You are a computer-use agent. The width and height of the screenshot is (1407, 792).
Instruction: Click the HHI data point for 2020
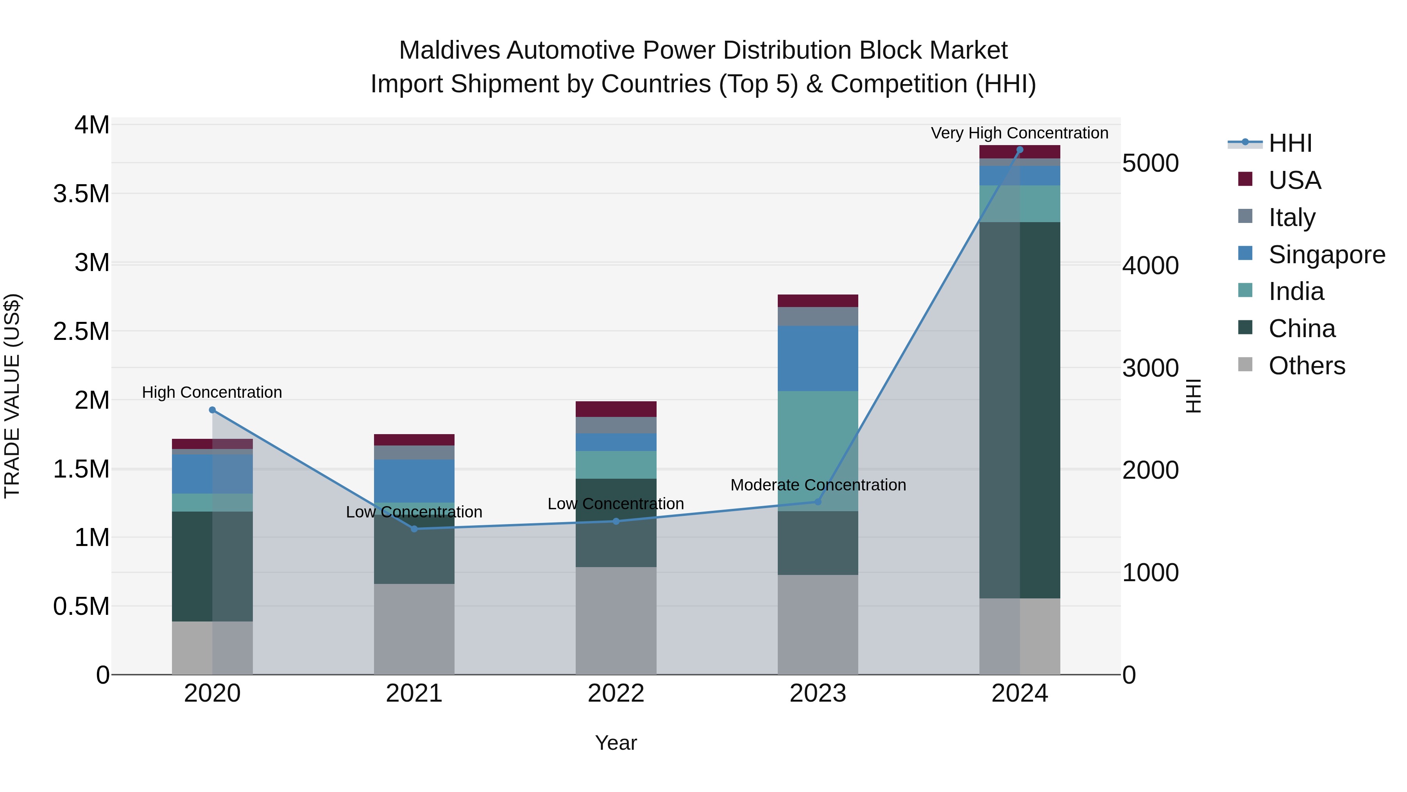coord(213,410)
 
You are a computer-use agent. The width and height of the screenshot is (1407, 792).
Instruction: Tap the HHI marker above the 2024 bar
coord(1020,150)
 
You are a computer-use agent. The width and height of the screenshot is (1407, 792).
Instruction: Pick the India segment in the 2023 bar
coord(818,451)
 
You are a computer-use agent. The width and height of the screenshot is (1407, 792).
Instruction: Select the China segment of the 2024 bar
coord(1020,410)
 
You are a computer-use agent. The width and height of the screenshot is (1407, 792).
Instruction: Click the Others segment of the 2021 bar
coord(414,629)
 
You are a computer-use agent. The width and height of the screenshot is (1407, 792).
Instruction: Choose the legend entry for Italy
coord(1291,217)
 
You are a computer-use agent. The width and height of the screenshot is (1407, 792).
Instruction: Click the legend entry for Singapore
coord(1326,254)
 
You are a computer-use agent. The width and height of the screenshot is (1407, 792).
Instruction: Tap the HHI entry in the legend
coord(1290,143)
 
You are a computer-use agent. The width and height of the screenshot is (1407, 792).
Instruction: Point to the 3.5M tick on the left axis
coord(81,194)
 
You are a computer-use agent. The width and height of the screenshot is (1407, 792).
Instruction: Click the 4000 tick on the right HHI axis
coord(1150,266)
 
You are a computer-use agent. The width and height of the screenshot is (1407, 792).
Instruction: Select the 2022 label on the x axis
coord(616,693)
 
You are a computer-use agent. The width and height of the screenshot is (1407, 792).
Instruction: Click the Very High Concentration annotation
coord(1019,133)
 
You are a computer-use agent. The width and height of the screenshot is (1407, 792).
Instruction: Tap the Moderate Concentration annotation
coord(818,485)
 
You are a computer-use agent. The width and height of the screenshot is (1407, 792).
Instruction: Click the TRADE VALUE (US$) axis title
coord(12,396)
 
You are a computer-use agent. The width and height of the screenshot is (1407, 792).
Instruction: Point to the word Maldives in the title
coord(449,50)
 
